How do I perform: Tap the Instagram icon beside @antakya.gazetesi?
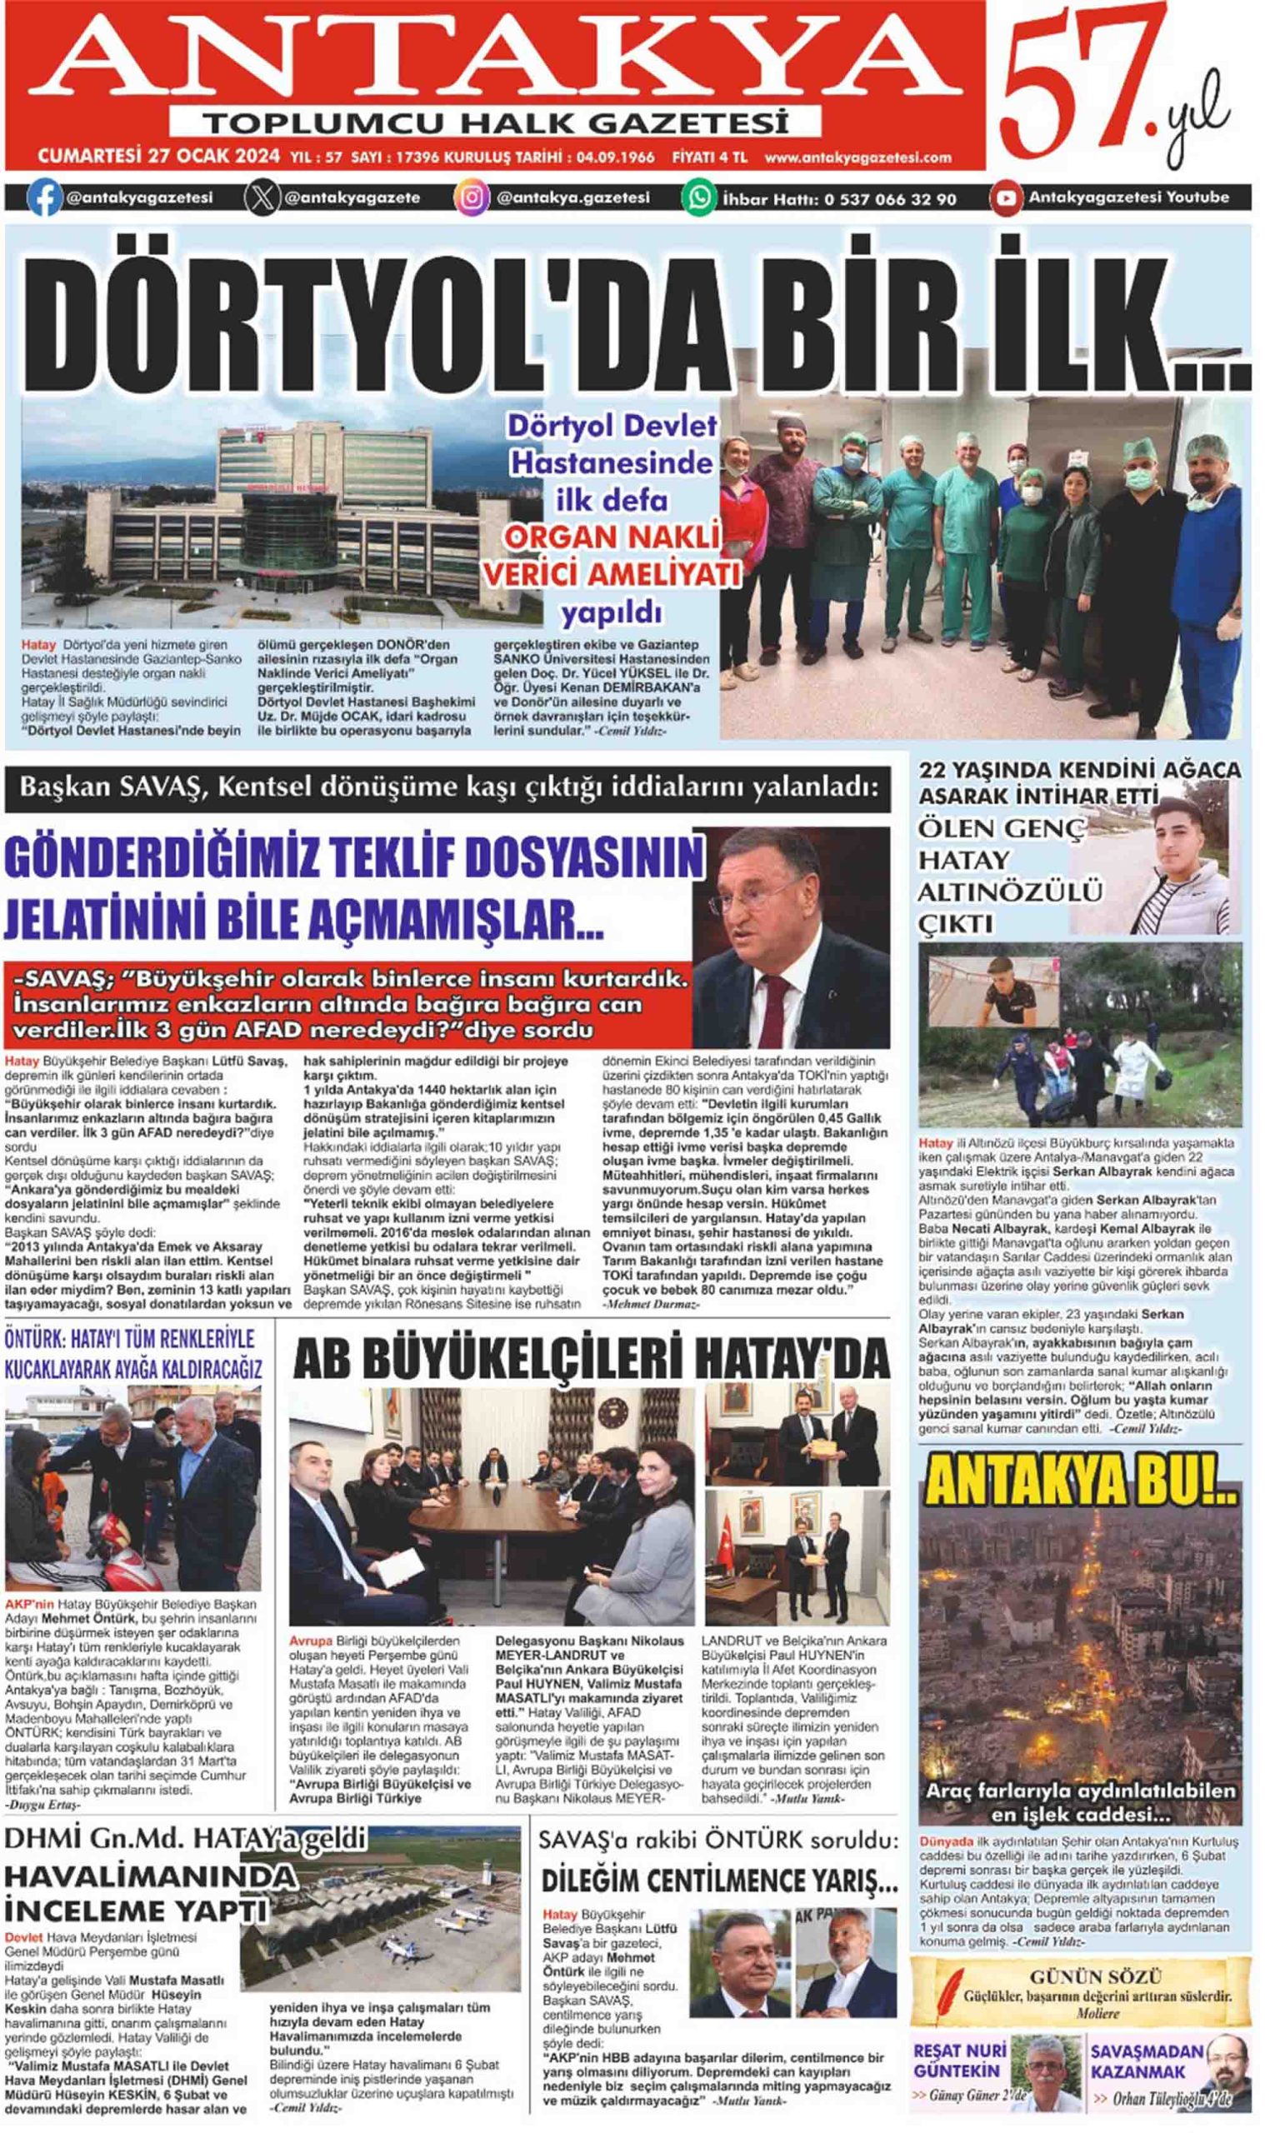[x=472, y=197]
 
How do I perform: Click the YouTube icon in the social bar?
[x=1006, y=198]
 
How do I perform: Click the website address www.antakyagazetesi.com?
[x=857, y=157]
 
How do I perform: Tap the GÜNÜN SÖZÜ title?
[x=1094, y=1977]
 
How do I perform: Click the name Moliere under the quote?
[x=1096, y=2013]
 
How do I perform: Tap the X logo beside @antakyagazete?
[x=262, y=197]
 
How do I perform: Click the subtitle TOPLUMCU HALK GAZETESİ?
[x=495, y=122]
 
